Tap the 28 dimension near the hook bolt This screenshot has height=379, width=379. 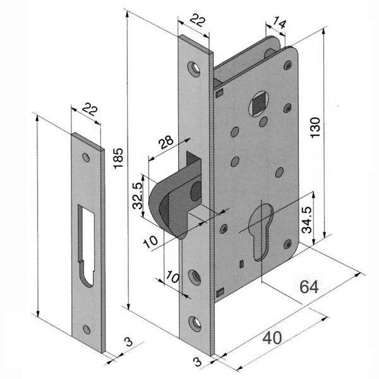166,143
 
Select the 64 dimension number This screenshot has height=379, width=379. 308,287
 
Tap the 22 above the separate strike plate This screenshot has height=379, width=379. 90,111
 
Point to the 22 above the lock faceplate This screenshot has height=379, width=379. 197,22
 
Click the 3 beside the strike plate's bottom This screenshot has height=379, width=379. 128,342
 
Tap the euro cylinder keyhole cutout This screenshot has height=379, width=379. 261,237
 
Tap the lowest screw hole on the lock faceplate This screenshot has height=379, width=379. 196,323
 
